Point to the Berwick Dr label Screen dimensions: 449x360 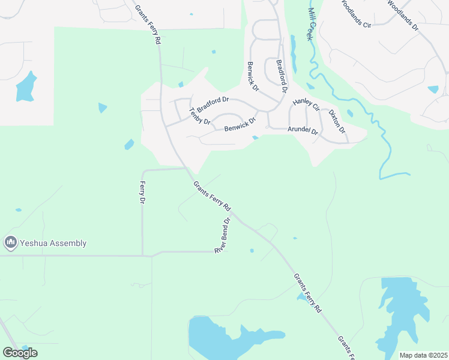coord(253,76)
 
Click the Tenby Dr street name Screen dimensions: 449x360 coord(200,116)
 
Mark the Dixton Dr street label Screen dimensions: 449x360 coord(337,121)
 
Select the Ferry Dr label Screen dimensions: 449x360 coord(142,192)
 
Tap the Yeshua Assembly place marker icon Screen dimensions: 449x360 coord(10,243)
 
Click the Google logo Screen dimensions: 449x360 coord(20,353)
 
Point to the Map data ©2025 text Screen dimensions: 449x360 coord(423,355)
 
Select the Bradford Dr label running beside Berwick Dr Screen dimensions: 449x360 coord(282,75)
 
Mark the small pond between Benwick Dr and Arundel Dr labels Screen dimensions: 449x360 coord(256,137)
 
